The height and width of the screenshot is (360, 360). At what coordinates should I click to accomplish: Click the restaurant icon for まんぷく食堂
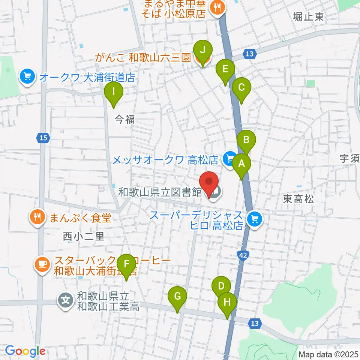(37, 217)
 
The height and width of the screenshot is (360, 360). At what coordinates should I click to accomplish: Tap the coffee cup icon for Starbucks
(41, 264)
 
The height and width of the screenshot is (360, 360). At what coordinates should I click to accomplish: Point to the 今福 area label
(124, 119)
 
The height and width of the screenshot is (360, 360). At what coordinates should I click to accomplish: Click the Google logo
(25, 351)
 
